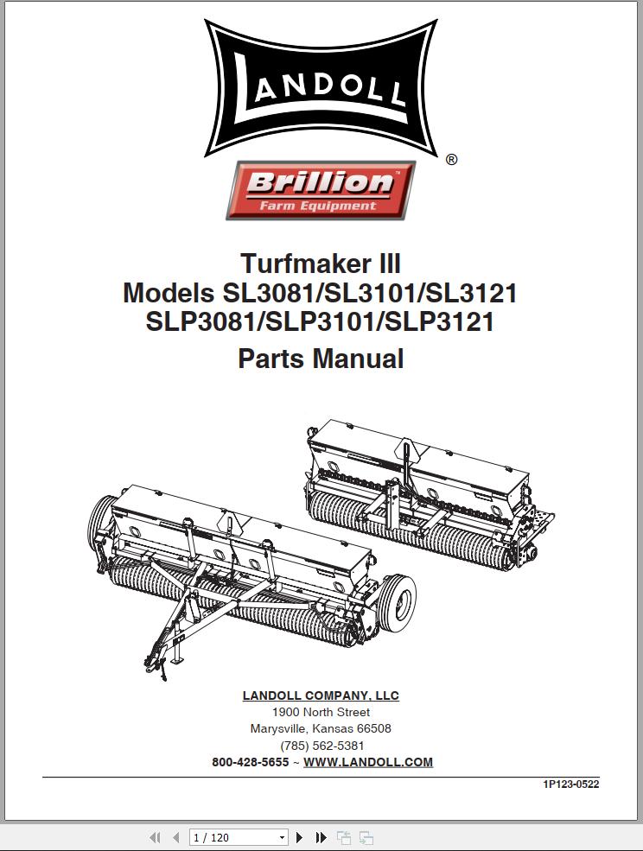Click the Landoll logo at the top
(x=321, y=89)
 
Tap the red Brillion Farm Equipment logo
(x=321, y=190)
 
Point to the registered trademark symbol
(x=451, y=160)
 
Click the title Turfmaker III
(x=321, y=263)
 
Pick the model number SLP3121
(x=439, y=322)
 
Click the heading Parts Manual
(x=321, y=358)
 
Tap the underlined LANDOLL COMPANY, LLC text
(x=321, y=695)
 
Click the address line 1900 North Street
(x=321, y=712)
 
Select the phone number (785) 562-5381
(x=321, y=745)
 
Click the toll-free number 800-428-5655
(x=251, y=762)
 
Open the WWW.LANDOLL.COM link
(x=368, y=762)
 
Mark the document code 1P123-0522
(x=570, y=784)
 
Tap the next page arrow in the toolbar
(x=300, y=837)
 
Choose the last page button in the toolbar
(x=321, y=837)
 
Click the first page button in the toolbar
(x=156, y=837)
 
